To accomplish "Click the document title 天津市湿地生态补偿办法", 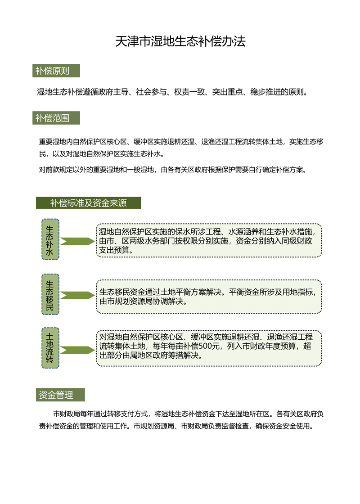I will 180,42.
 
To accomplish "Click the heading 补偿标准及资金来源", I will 88,203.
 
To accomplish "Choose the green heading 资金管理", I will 56,395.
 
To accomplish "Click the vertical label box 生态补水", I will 50,239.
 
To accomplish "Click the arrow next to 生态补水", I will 77,242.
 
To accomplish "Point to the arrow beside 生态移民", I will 77,295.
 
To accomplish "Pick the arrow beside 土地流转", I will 77,350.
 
